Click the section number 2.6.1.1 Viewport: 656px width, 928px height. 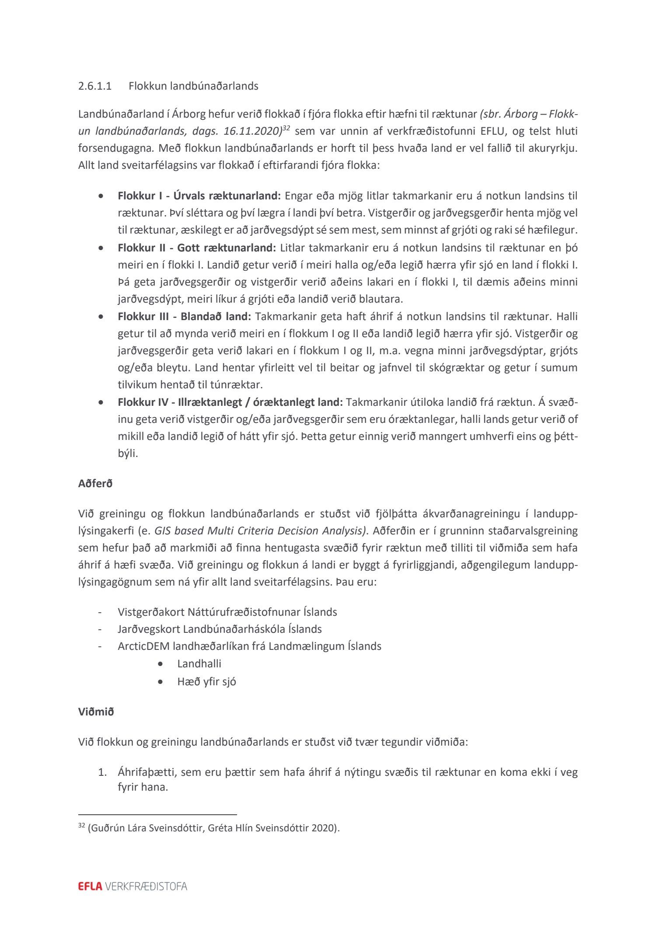[x=95, y=86]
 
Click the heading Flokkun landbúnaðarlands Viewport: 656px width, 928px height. [x=193, y=86]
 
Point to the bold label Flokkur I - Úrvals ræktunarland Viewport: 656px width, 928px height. [x=199, y=196]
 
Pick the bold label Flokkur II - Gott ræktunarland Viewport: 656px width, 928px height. [x=197, y=248]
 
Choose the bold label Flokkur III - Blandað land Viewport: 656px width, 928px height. [x=185, y=317]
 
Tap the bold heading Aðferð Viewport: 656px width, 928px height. [x=95, y=484]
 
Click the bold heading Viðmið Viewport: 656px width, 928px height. [x=96, y=712]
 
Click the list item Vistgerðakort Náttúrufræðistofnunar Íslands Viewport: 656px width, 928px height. [x=227, y=612]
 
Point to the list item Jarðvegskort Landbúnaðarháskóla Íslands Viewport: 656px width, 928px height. [x=220, y=629]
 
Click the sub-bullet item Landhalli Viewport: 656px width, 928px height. [x=199, y=664]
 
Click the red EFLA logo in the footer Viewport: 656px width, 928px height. [x=90, y=886]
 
